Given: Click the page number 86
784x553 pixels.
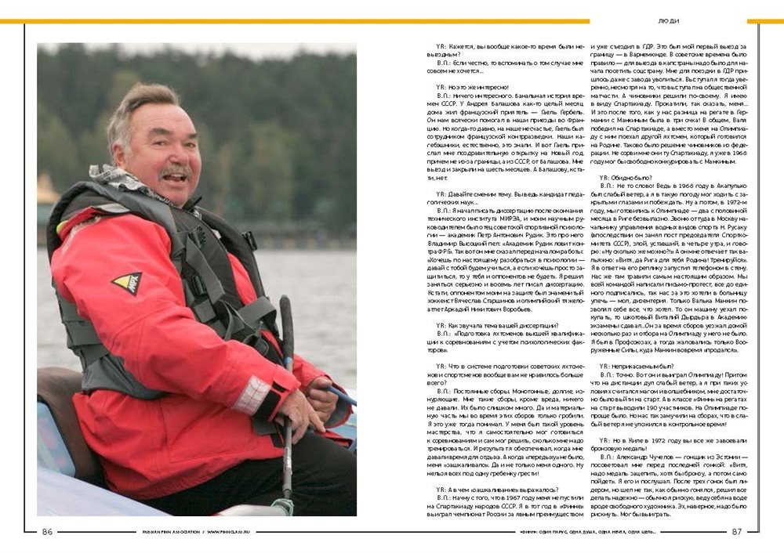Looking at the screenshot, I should [x=47, y=531].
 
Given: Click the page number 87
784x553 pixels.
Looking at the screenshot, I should [x=736, y=531].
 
